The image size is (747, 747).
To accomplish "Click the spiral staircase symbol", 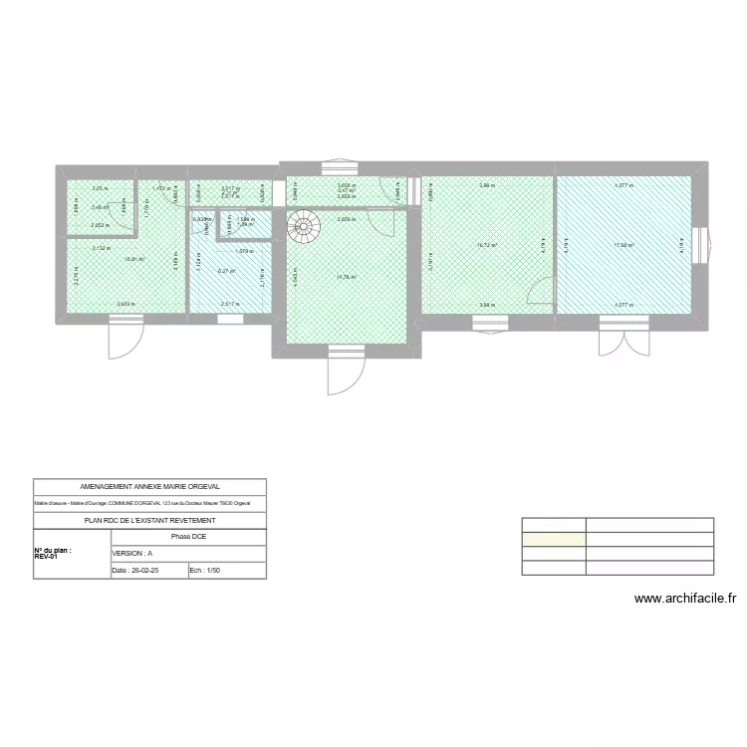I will point(304,228).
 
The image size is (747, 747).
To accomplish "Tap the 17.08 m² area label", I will point(624,245).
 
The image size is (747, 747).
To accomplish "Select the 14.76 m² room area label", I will point(347,277).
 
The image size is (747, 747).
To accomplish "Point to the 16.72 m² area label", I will point(487,245).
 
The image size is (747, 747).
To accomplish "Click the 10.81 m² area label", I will point(133,259).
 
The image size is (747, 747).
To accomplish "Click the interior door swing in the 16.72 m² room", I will point(539,295).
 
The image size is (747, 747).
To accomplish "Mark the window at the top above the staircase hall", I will point(342,165).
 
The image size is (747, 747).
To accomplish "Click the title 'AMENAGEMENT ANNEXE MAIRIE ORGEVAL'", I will point(149,487).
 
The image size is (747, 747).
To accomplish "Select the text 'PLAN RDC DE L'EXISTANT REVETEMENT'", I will point(149,520).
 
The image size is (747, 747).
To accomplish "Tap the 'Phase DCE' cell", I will point(188,536).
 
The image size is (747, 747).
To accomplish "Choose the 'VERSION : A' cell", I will point(132,553).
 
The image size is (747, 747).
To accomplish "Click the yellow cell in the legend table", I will point(554,539).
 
